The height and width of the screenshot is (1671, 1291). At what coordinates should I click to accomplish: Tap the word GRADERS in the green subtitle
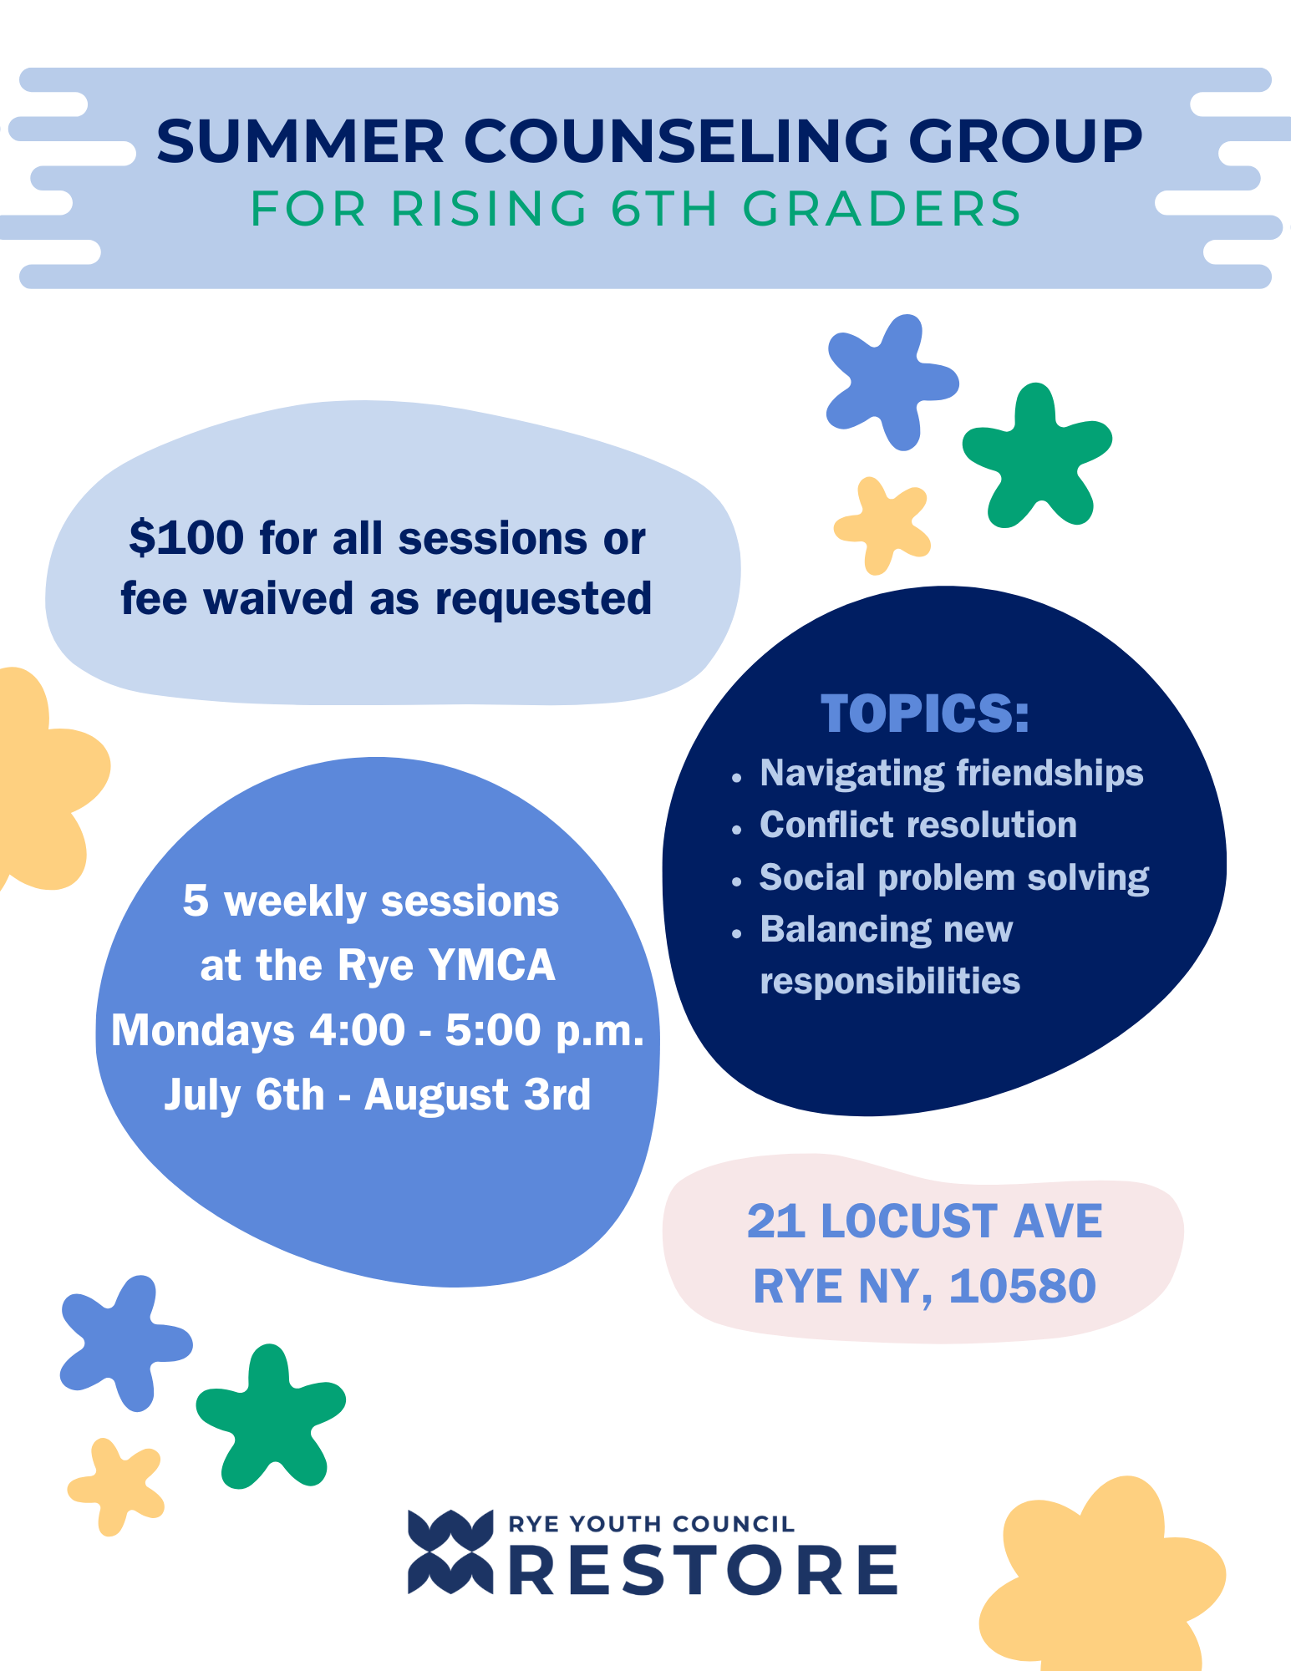click(x=882, y=209)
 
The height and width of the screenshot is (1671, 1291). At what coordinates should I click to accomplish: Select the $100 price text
click(x=186, y=538)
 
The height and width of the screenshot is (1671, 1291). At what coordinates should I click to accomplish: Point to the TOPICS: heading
click(x=924, y=714)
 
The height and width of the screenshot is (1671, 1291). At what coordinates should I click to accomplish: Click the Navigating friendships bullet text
click(x=951, y=773)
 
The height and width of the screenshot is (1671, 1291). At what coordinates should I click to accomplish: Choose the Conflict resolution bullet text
click(x=917, y=825)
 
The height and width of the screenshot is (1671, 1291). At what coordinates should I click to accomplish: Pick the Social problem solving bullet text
click(x=953, y=877)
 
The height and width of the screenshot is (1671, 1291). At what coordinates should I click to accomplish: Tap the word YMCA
click(x=491, y=966)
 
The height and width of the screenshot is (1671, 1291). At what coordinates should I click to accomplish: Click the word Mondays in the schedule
click(x=202, y=1030)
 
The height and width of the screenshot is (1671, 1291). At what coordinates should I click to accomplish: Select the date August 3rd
click(x=477, y=1095)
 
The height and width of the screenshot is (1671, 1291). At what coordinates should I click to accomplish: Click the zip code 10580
click(x=1022, y=1286)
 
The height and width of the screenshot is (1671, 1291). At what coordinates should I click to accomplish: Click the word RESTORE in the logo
click(x=703, y=1571)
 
